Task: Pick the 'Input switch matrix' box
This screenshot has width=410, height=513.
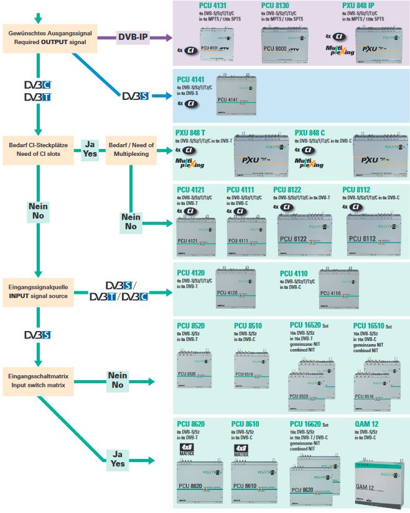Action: point(39,380)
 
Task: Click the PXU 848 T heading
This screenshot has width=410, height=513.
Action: point(190,133)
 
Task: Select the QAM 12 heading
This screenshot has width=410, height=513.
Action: point(367,424)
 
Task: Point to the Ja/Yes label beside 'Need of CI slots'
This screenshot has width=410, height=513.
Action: point(90,149)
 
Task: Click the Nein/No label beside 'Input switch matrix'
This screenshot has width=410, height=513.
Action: point(118,380)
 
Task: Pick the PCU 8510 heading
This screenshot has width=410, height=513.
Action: point(248,325)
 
